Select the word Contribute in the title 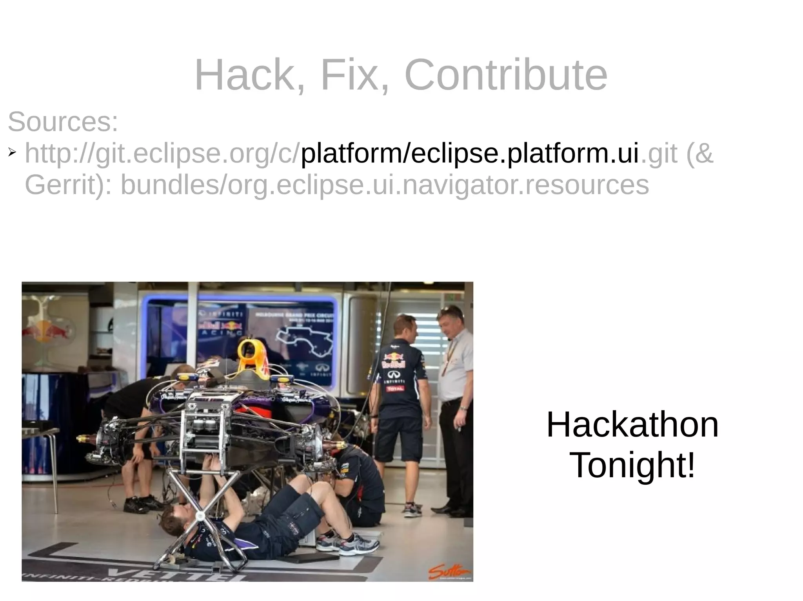[505, 75]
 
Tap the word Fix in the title [353, 75]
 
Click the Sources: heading [63, 122]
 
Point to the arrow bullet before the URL [12, 152]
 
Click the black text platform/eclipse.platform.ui [469, 153]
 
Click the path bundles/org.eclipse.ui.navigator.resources [385, 185]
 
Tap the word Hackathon [632, 425]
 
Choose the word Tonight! [632, 465]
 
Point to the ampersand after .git [703, 153]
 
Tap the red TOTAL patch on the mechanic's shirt [394, 389]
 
